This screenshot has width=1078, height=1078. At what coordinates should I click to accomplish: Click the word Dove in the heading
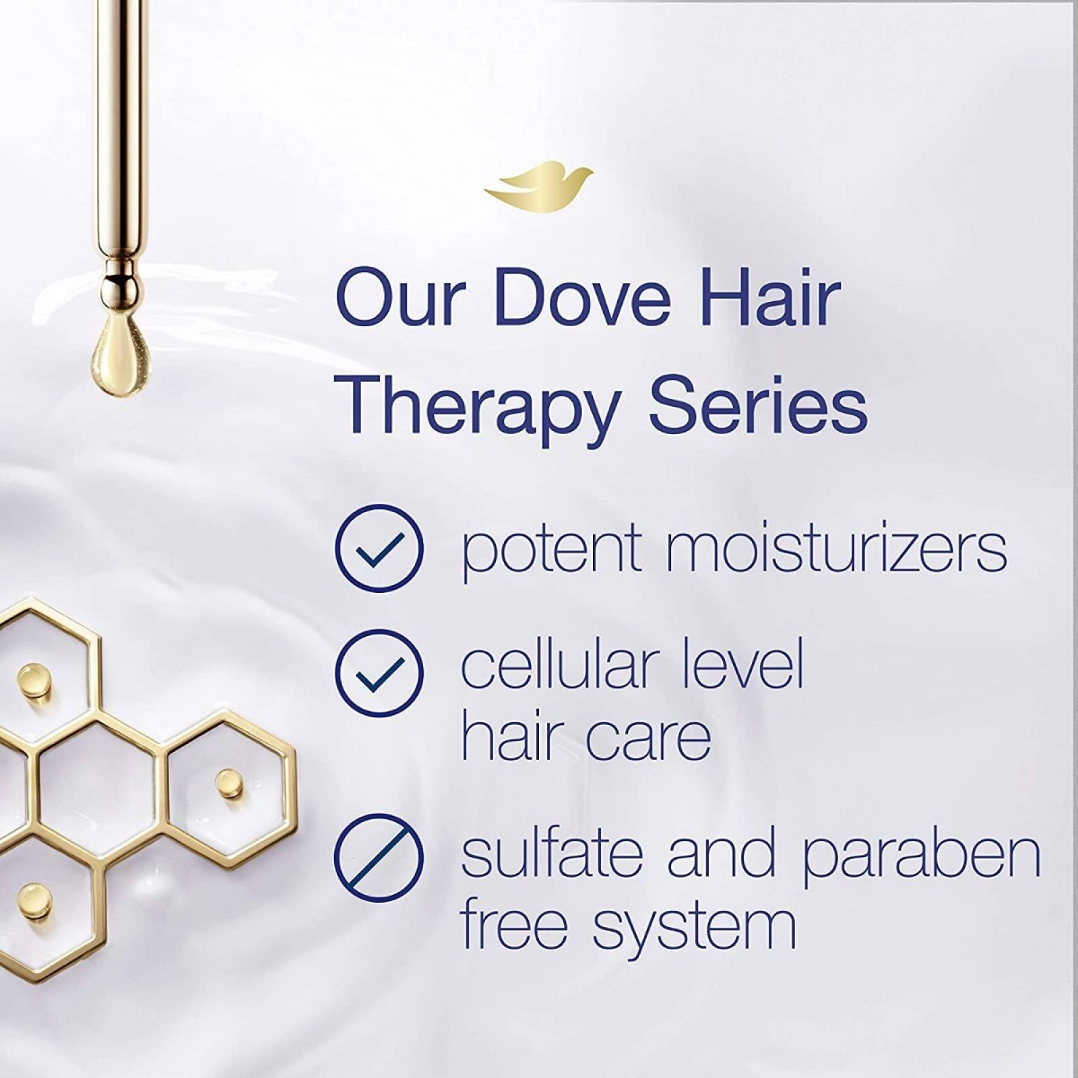point(583,298)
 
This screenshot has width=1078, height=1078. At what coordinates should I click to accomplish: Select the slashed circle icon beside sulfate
point(379,858)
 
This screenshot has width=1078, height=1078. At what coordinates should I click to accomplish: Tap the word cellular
point(557,666)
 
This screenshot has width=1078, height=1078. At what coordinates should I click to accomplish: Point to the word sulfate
point(551,853)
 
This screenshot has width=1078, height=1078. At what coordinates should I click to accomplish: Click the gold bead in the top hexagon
point(30,676)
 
